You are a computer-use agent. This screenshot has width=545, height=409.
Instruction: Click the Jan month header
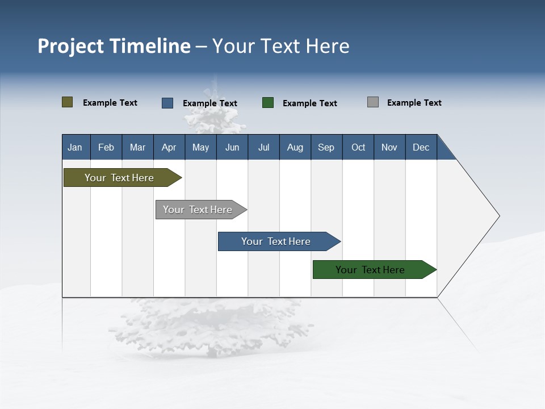pyautogui.click(x=75, y=147)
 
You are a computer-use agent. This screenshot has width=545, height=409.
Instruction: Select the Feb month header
pyautogui.click(x=106, y=147)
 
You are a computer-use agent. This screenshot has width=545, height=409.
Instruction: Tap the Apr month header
pyautogui.click(x=169, y=147)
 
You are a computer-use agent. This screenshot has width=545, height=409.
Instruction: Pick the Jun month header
pyautogui.click(x=232, y=147)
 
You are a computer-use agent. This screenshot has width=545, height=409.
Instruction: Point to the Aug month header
pyautogui.click(x=295, y=147)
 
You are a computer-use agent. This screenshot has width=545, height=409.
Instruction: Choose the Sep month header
pyautogui.click(x=326, y=147)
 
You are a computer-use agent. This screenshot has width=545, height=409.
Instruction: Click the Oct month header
pyautogui.click(x=358, y=147)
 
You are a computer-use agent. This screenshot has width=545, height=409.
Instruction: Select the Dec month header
pyautogui.click(x=421, y=147)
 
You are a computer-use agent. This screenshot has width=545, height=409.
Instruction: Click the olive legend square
pyautogui.click(x=68, y=102)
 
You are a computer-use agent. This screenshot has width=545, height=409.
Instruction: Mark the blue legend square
pyautogui.click(x=167, y=103)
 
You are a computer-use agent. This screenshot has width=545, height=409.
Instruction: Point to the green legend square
pyautogui.click(x=268, y=103)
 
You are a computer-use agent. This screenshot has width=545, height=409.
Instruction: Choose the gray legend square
pyautogui.click(x=373, y=102)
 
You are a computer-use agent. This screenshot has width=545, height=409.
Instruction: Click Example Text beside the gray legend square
pyautogui.click(x=414, y=103)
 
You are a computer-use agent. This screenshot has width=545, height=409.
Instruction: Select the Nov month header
pyautogui.click(x=389, y=147)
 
